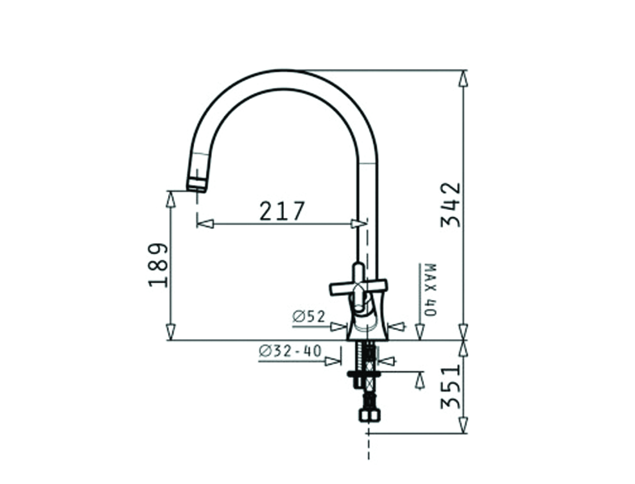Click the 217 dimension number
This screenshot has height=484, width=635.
282,211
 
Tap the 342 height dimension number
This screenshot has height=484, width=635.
450,204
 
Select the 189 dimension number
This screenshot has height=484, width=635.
158,265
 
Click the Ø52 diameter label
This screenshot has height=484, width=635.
309,317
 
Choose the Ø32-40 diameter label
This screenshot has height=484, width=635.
290,351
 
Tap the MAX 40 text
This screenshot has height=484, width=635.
430,289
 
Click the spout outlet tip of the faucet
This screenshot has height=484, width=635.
197,188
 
